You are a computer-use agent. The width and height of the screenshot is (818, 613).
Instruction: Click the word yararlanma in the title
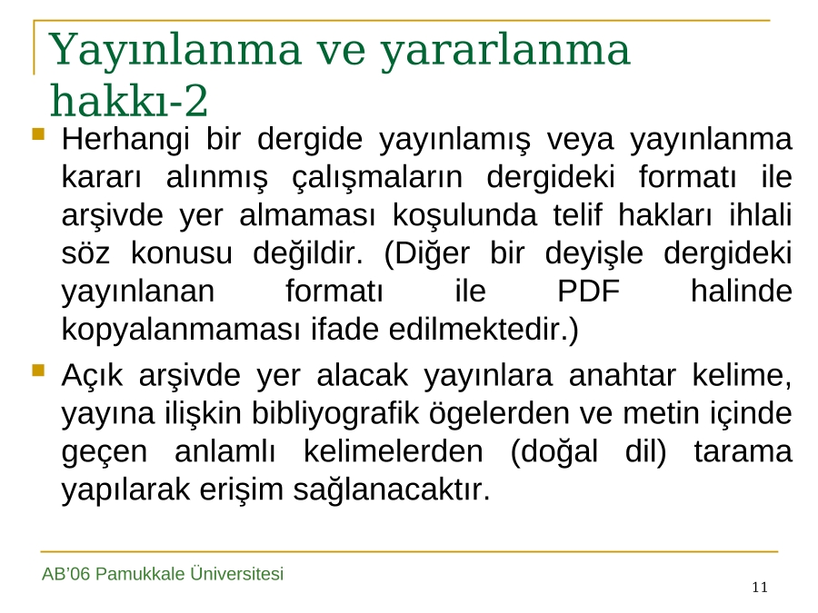505,51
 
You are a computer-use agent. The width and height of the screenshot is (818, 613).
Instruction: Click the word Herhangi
125,140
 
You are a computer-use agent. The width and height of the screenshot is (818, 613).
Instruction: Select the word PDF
588,291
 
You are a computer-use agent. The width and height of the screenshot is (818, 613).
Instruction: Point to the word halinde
742,291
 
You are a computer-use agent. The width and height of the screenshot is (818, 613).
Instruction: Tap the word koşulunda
464,215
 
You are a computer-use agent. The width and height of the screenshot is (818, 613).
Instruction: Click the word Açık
92,375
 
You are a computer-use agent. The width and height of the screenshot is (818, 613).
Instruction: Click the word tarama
743,451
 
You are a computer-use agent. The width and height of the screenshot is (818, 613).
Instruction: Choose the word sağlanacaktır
392,490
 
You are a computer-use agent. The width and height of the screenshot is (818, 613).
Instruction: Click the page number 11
760,588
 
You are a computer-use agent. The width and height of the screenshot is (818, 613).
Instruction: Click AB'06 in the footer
66,574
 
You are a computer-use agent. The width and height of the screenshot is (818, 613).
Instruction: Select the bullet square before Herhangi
38,134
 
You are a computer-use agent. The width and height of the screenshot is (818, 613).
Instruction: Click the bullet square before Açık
38,371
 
